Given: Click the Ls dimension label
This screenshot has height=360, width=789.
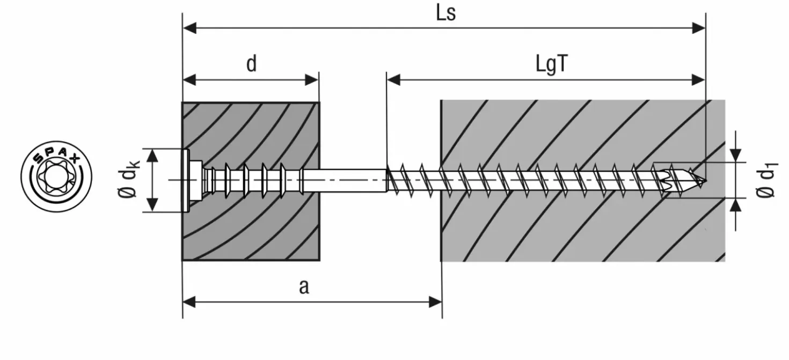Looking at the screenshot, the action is click(x=446, y=13).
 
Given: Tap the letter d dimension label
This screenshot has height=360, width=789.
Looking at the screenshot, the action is click(x=251, y=64).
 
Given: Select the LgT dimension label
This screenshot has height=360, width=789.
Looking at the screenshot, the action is click(x=552, y=64).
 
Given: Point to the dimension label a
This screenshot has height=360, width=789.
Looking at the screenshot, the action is click(x=304, y=286).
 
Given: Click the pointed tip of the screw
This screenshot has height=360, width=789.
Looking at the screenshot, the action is click(x=705, y=181).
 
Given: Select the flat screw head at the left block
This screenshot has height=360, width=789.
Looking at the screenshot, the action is click(x=186, y=180).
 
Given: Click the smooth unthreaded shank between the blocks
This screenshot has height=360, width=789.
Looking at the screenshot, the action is click(x=345, y=181).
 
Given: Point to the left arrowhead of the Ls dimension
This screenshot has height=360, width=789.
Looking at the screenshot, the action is click(x=190, y=28).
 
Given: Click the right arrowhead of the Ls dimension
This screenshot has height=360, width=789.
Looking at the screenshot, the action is click(x=698, y=28).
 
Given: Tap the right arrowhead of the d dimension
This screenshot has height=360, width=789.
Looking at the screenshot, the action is click(x=312, y=80).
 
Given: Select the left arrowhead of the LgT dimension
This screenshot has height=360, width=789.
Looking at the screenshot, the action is click(x=393, y=80).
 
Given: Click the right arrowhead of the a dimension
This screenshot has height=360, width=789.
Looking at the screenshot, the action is click(x=435, y=302).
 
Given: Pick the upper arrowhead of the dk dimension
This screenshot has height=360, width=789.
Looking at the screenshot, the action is click(x=152, y=156).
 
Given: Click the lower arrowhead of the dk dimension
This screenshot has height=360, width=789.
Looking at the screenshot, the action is click(x=152, y=205).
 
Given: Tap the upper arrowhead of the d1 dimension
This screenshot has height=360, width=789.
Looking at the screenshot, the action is click(x=735, y=156).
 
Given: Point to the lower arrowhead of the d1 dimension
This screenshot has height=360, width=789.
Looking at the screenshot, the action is click(x=735, y=204).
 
